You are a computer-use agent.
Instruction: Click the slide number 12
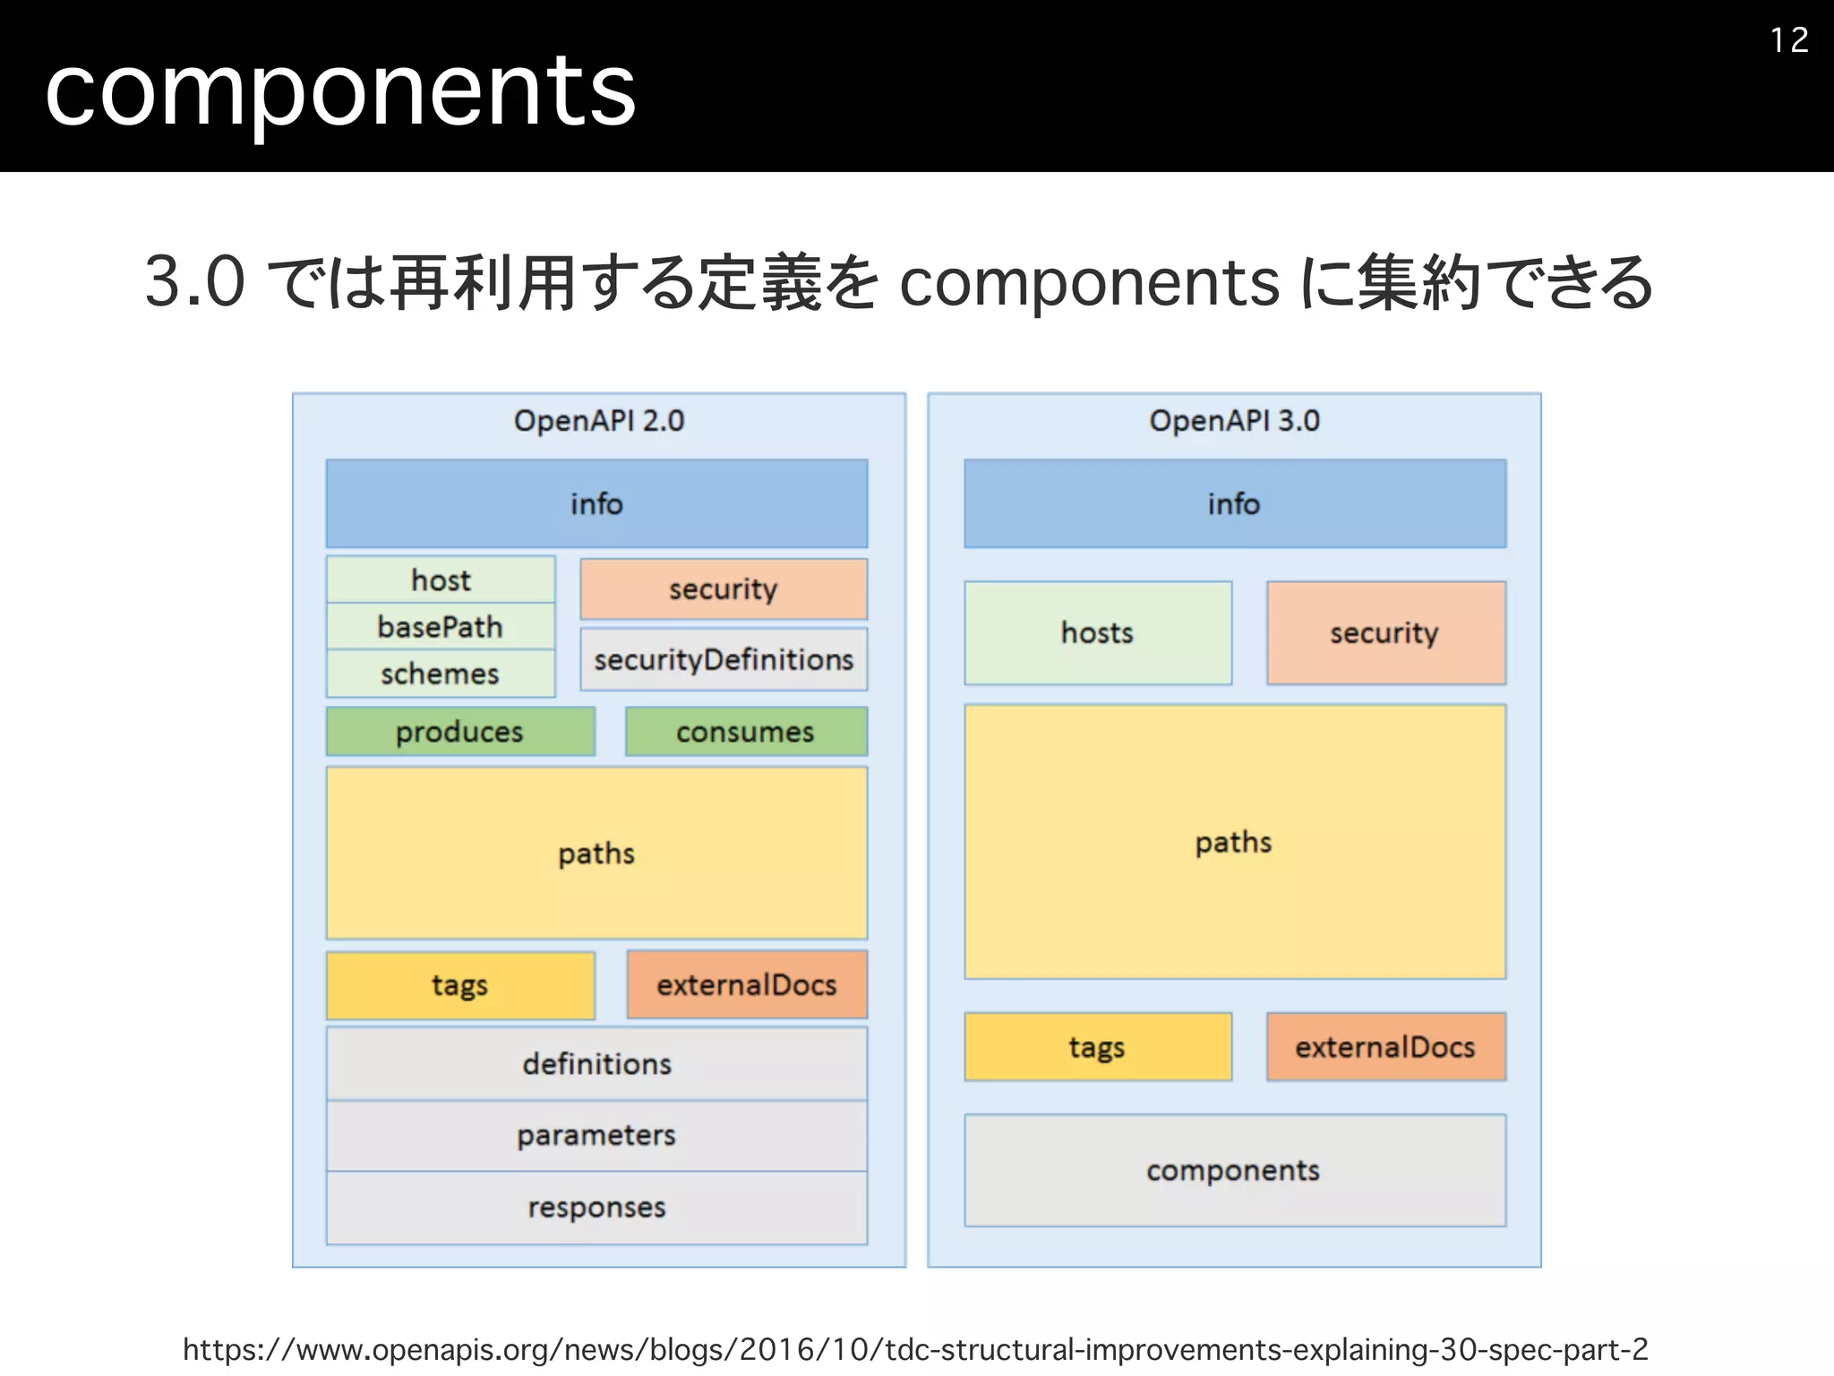tap(1788, 40)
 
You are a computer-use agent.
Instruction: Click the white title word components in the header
tap(340, 90)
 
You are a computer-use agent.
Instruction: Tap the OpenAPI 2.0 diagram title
tap(598, 421)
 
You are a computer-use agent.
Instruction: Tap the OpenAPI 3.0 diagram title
tap(1234, 421)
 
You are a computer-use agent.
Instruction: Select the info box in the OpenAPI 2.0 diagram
tap(596, 503)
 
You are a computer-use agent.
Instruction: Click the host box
tap(441, 580)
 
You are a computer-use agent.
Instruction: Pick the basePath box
tap(441, 627)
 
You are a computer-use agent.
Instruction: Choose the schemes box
tap(441, 674)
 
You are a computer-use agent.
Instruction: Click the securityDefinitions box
tap(724, 660)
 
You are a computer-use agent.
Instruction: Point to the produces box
tap(460, 732)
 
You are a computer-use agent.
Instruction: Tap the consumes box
tap(746, 732)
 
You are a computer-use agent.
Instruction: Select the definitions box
tap(596, 1064)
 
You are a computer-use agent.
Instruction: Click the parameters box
tap(596, 1136)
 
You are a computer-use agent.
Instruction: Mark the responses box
tap(596, 1208)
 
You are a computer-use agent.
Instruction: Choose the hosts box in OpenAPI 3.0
tap(1098, 633)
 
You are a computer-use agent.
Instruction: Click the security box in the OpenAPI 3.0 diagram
tap(1385, 633)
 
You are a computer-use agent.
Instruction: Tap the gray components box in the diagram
tap(1234, 1171)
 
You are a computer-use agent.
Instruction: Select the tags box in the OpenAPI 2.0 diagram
tap(460, 985)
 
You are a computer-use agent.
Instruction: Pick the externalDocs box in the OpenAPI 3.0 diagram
tap(1385, 1047)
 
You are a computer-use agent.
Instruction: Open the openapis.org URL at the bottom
tap(915, 1349)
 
